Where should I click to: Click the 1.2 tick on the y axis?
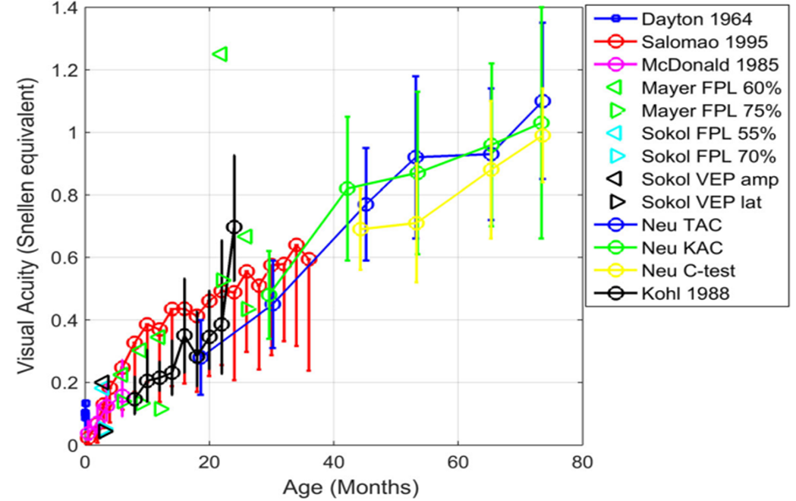(x=66, y=70)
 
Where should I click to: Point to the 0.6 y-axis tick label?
(x=66, y=257)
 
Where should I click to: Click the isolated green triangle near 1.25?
(x=220, y=54)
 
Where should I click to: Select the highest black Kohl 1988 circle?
(x=234, y=227)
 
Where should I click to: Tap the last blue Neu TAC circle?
(x=542, y=101)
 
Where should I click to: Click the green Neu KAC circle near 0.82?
(x=348, y=188)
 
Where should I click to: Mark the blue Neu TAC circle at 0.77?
(x=366, y=204)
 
